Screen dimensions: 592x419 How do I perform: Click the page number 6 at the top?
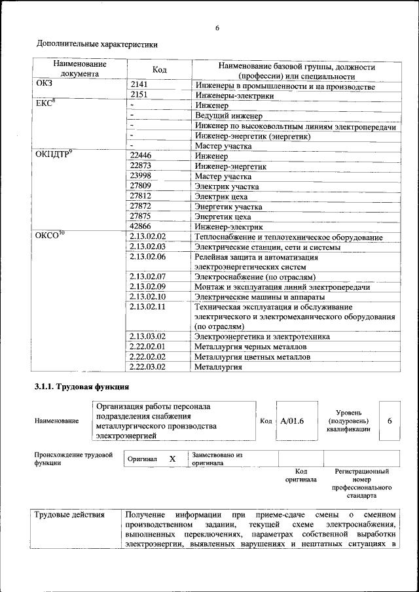pyautogui.click(x=217, y=27)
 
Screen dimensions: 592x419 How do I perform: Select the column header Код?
pyautogui.click(x=159, y=70)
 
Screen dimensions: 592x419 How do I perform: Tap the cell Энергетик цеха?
pyautogui.click(x=223, y=217)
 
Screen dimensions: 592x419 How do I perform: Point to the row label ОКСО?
pyautogui.click(x=49, y=236)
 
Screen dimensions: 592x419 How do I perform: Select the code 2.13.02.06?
pyautogui.click(x=148, y=257)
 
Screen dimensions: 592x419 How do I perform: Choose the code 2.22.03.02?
pyautogui.click(x=148, y=367)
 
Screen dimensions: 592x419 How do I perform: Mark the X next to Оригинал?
pyautogui.click(x=172, y=459)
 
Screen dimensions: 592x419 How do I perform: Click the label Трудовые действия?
pyautogui.click(x=69, y=515)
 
